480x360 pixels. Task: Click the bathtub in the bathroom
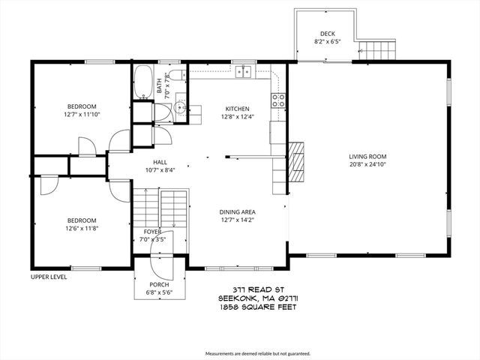tap(142, 82)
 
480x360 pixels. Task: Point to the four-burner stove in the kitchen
tap(277, 100)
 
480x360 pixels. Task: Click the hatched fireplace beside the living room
tap(297, 157)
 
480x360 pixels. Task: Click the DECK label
tap(327, 34)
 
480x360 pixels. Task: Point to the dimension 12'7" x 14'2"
tap(237, 220)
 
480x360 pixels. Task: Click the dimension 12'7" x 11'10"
tap(80, 115)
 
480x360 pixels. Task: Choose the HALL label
tap(160, 161)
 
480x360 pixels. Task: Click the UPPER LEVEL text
tap(49, 277)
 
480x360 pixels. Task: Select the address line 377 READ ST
tap(249, 289)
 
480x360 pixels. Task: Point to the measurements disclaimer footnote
tap(257, 353)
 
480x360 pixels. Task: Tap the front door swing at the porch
tap(159, 258)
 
